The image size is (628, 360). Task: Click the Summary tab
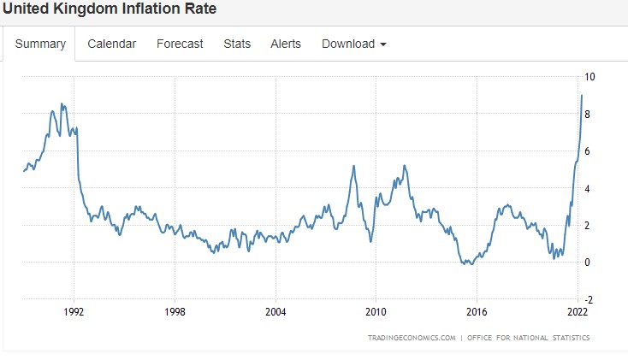coord(40,44)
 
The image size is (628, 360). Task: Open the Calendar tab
coord(111,44)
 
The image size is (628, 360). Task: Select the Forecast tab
coord(180,44)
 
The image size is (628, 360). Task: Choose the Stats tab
coord(237,44)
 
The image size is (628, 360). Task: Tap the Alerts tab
coord(286,44)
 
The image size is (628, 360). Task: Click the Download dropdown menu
coord(353,44)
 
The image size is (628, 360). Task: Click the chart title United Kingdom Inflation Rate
coord(109,10)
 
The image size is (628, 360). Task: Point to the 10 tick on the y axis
coord(589,77)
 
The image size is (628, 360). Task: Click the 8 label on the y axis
coord(587,114)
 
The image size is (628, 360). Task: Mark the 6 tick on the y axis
coord(587,151)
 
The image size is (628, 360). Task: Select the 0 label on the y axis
coord(587,263)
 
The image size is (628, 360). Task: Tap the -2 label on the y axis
coord(589,299)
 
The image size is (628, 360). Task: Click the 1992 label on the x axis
coord(74,311)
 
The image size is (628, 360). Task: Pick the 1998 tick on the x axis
coord(175,311)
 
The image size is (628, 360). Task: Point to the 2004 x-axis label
coord(275,311)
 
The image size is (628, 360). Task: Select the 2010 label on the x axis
coord(376,311)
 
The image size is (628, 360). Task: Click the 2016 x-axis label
coord(477,311)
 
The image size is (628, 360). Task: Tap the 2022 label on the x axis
coord(578,311)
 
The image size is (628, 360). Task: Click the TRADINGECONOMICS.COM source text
coord(411,338)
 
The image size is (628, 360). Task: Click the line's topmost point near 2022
coord(582,95)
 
